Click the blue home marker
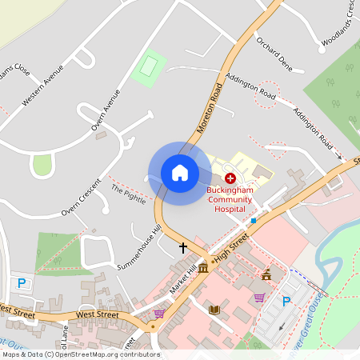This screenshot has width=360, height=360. click(180, 173)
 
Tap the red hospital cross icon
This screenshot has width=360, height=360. click(230, 178)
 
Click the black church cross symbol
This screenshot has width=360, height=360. click(183, 248)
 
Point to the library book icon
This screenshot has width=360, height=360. click(214, 310)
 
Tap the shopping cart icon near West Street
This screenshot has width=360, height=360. click(159, 314)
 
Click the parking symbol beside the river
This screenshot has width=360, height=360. click(286, 302)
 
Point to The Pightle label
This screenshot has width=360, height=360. click(129, 194)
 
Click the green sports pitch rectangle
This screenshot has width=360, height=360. click(149, 67)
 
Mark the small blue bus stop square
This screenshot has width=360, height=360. click(253, 220)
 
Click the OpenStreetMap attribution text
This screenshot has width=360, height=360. click(80, 354)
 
